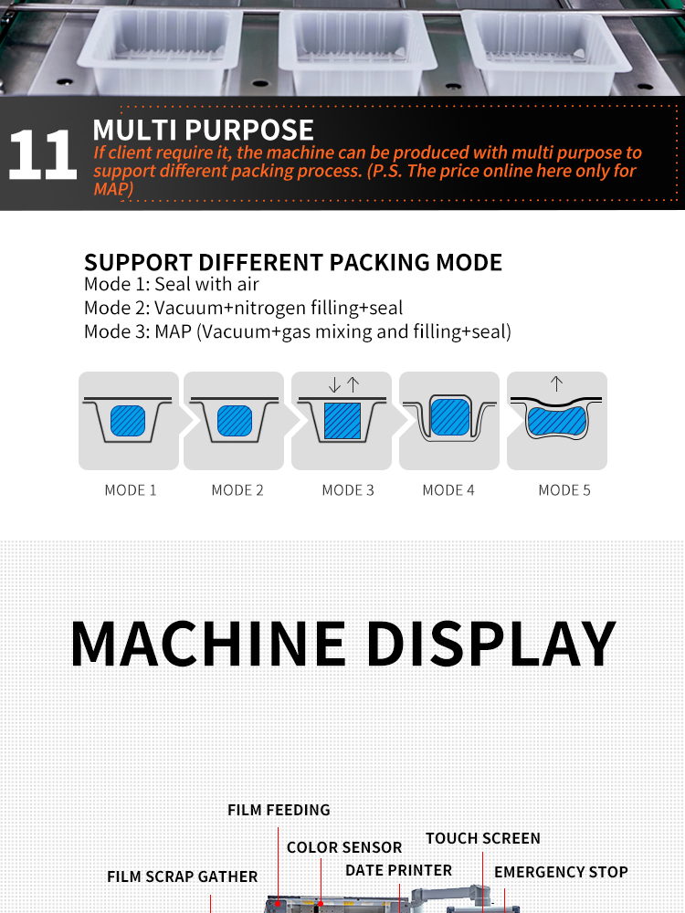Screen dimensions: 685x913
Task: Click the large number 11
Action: pos(43,155)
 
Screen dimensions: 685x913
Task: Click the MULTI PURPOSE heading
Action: pos(204,130)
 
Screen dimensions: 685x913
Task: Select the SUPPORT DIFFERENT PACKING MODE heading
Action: pos(293,263)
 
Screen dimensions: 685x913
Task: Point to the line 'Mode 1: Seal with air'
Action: pos(172,284)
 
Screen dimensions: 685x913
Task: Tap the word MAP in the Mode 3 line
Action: pos(173,331)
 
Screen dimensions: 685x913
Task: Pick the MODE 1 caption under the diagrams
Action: pos(131,490)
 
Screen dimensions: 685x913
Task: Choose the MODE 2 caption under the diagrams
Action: pos(237,490)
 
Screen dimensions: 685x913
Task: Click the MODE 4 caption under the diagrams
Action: pos(448,490)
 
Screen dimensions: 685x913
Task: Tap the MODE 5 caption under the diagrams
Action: pos(564,490)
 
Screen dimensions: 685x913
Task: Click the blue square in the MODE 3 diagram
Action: pos(342,420)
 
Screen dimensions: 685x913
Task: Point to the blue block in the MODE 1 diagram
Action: pos(128,421)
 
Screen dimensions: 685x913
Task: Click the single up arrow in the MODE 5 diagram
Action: pos(556,383)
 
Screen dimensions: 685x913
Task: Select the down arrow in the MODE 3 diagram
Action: pos(334,384)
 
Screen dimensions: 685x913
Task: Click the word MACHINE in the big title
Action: pos(208,644)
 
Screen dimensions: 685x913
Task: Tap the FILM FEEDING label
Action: pos(279,810)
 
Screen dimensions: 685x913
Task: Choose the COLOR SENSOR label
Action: pos(344,847)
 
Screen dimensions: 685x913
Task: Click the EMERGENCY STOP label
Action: pos(561,872)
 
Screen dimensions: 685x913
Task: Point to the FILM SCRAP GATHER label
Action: pos(183,876)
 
